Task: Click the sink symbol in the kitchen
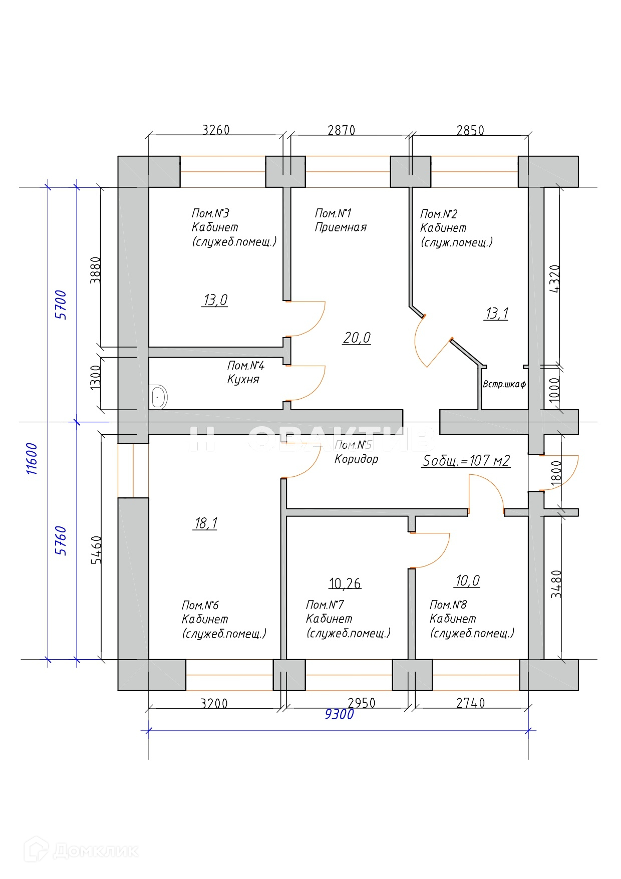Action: (159, 397)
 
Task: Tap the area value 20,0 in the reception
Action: (357, 338)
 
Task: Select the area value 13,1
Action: (496, 314)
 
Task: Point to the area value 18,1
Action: (205, 523)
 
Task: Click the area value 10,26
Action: (345, 583)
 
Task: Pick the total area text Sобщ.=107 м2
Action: (466, 461)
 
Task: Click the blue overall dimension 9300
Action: (339, 714)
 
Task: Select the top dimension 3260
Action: (216, 130)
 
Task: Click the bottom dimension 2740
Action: (470, 703)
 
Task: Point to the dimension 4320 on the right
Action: (555, 278)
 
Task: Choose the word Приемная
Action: (341, 227)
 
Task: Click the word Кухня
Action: (243, 379)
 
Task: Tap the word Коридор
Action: (356, 459)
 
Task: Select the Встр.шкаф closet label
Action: (504, 385)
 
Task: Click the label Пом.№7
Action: (325, 605)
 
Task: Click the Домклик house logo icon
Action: (41, 850)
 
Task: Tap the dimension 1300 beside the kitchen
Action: (96, 377)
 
